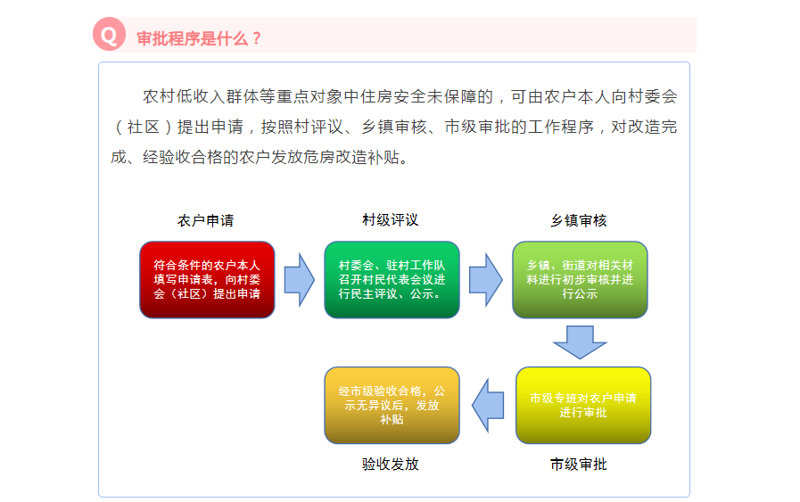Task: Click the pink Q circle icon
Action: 109,34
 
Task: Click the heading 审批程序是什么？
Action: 199,38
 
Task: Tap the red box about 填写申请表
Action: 207,280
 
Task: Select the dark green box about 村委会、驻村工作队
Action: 392,280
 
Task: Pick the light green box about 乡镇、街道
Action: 580,280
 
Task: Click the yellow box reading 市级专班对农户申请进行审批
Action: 583,405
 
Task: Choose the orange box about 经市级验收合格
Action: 392,405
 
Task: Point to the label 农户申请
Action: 206,220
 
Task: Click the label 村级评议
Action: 391,220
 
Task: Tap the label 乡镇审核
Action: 579,220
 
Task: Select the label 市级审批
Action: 579,465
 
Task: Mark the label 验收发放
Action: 391,464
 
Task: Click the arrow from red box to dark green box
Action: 300,280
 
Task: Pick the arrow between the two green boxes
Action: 486,280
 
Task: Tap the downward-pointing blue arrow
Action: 580,342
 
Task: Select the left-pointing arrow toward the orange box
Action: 488,405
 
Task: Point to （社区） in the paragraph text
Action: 144,127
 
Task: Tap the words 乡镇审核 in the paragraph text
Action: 394,127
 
